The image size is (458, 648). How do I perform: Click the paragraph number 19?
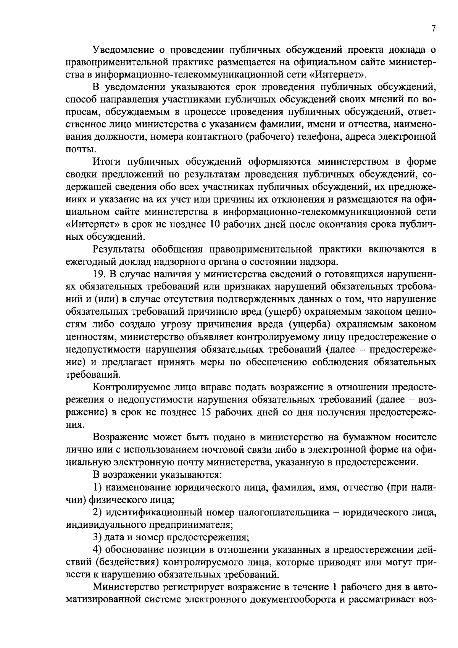pos(99,275)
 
